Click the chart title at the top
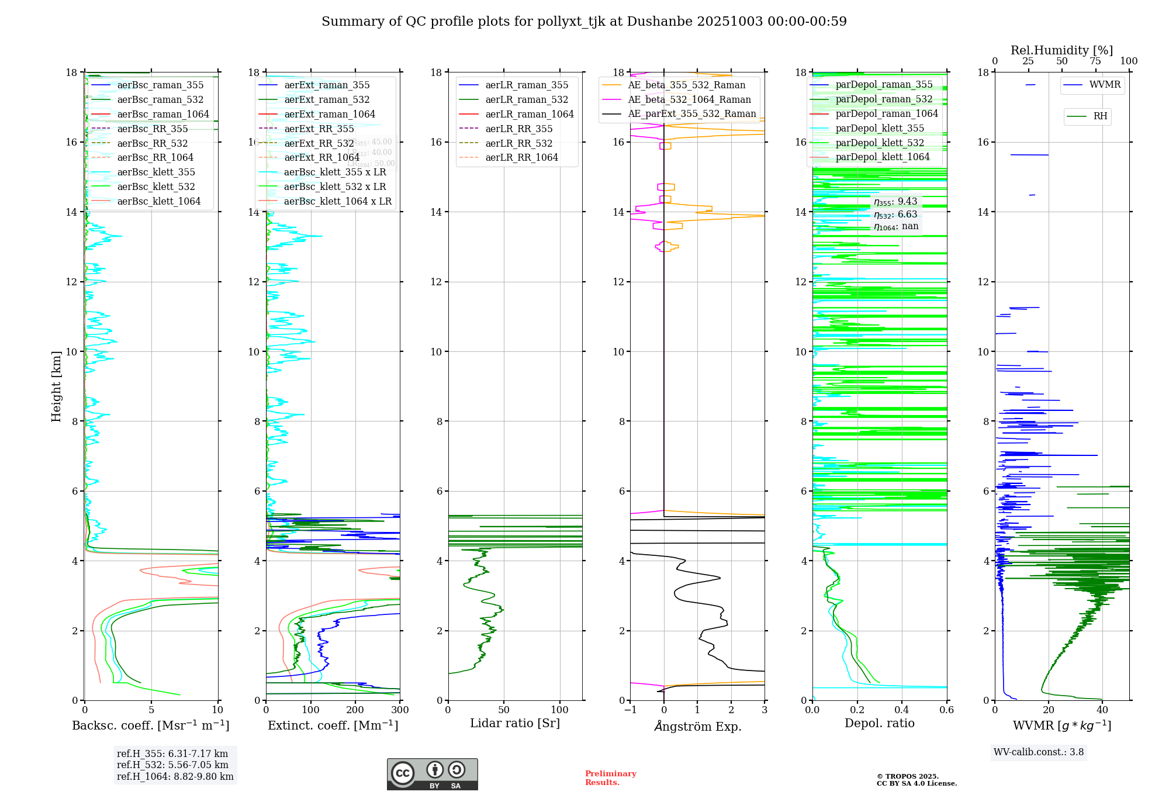click(x=584, y=22)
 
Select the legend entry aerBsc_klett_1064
click(x=158, y=201)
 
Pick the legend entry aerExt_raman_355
click(x=327, y=85)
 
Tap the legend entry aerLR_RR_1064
click(x=521, y=158)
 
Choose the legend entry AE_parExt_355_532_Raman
click(x=691, y=114)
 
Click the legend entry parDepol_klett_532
click(x=880, y=143)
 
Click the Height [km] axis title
click(x=56, y=386)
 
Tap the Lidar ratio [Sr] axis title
click(x=515, y=724)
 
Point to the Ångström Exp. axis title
click(x=697, y=727)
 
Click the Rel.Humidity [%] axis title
click(x=1061, y=50)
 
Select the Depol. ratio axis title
click(x=879, y=724)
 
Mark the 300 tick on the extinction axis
click(x=400, y=710)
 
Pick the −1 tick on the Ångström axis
click(x=630, y=710)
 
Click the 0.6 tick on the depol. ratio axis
click(x=946, y=710)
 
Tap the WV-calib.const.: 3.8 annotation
click(x=1039, y=752)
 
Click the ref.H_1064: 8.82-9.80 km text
click(x=175, y=777)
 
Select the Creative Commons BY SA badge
click(x=432, y=774)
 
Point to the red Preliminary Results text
click(x=610, y=778)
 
